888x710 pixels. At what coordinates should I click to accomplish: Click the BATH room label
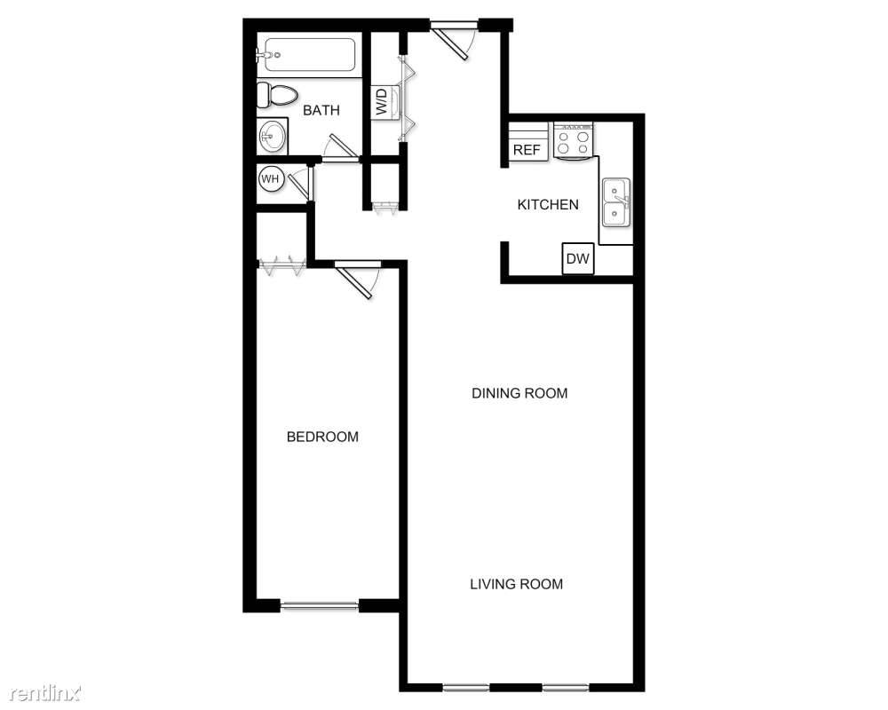321,111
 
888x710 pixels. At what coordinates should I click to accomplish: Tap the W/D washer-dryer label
382,103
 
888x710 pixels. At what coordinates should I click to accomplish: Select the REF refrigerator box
527,150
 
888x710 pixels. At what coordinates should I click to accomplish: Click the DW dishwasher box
578,259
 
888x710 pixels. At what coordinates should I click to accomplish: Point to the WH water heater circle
270,179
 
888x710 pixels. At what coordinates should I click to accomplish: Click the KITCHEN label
548,205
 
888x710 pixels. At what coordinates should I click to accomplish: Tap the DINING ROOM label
519,393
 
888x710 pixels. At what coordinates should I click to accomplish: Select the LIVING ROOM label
516,584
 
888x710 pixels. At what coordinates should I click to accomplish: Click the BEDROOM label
322,437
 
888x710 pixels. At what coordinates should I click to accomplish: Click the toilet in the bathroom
278,95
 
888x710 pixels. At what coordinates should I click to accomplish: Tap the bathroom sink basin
272,137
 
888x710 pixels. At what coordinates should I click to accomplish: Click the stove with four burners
573,140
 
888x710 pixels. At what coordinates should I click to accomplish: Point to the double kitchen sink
615,201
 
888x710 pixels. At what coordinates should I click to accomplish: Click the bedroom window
320,606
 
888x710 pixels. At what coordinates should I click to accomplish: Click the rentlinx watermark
42,690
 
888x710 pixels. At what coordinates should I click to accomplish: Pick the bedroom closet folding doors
282,264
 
